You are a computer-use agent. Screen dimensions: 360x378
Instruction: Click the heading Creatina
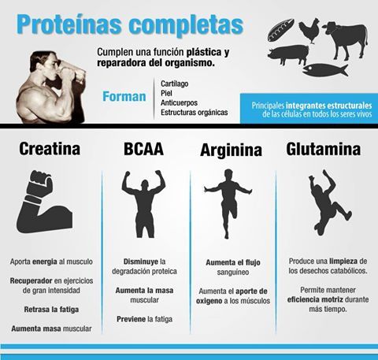50,149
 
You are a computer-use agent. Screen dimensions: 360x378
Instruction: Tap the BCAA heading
143,149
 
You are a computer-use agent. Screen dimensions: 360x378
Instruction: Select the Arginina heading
232,150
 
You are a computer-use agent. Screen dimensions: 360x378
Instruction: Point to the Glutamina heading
323,149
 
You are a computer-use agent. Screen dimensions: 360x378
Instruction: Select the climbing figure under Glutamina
322,202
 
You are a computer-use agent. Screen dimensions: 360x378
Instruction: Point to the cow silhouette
343,37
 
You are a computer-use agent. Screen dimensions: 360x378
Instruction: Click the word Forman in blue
124,97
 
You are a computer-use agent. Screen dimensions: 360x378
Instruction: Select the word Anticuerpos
183,102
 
